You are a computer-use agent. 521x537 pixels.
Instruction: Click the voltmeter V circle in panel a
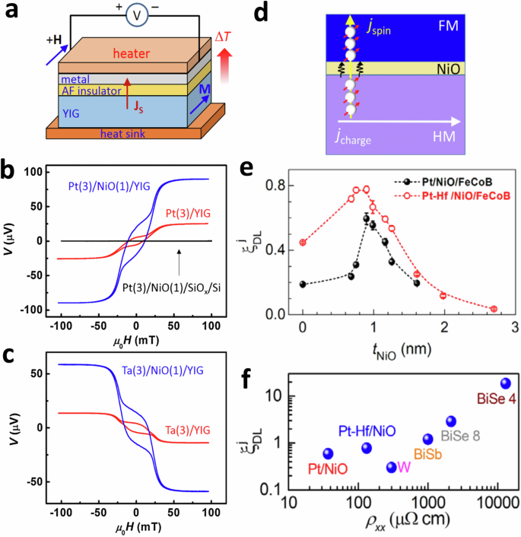[x=132, y=17]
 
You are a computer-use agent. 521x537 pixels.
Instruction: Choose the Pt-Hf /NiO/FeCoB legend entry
[x=465, y=195]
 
